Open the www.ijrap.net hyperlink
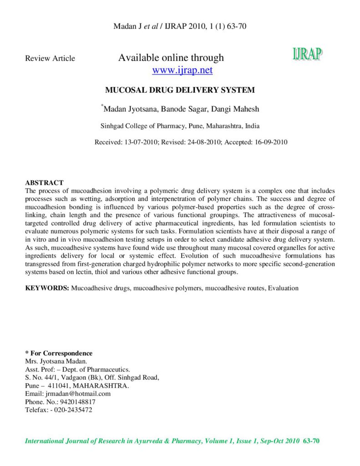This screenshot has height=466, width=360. [x=182, y=70]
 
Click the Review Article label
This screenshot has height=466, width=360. [x=50, y=58]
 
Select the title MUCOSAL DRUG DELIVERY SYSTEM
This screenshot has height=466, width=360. [x=180, y=90]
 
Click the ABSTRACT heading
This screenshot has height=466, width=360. [x=44, y=182]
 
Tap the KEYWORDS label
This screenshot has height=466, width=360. [x=47, y=288]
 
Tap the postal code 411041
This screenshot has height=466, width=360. [x=59, y=385]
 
